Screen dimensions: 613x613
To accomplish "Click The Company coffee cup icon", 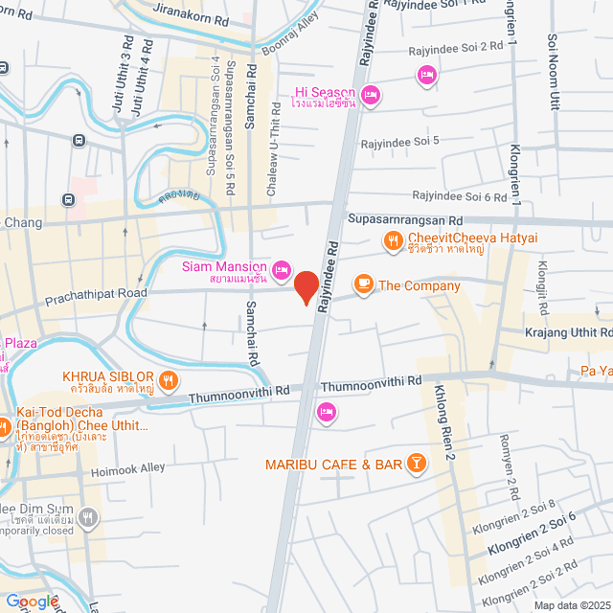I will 363,284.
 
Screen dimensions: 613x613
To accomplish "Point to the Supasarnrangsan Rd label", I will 405,220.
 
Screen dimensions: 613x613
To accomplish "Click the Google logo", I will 32,601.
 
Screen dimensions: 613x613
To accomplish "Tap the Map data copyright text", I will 572,605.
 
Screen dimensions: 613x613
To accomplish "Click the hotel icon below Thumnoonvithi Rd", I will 326,412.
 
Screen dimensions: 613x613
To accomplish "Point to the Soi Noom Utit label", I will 554,72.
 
